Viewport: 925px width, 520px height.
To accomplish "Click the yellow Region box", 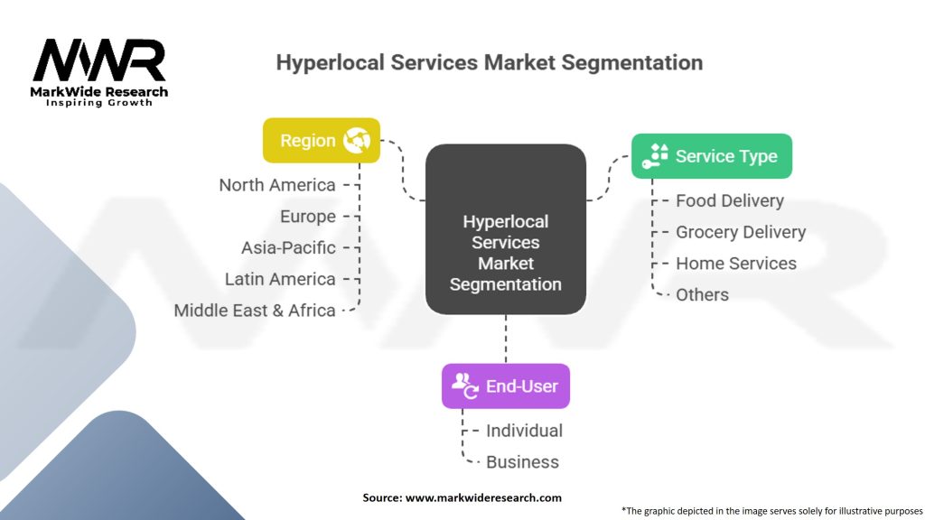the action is click(x=322, y=140).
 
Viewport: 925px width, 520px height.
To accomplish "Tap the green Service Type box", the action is click(x=712, y=156).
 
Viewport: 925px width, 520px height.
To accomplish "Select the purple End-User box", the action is click(x=506, y=386).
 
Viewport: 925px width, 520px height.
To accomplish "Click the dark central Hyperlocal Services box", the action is click(x=506, y=229).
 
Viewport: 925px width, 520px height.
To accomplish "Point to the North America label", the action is click(x=277, y=185).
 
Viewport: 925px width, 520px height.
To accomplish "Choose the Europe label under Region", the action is click(x=308, y=217).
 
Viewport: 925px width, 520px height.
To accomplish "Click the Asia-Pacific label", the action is click(x=288, y=247).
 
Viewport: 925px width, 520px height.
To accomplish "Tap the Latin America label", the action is click(x=280, y=279).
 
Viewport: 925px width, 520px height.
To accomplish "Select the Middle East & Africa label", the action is click(x=255, y=311).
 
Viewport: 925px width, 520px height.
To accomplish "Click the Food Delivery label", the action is click(x=730, y=201).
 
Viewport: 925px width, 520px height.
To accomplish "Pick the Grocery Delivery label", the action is click(x=741, y=232).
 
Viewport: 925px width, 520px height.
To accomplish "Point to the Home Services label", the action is click(x=736, y=264).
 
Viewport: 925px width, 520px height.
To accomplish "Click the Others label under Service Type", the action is click(x=702, y=295).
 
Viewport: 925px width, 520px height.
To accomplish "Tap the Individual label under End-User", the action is click(x=525, y=431).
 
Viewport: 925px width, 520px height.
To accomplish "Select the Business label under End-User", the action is click(x=522, y=462).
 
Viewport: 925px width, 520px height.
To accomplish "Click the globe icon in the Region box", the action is click(x=357, y=140).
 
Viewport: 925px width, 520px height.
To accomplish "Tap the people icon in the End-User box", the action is click(x=465, y=385).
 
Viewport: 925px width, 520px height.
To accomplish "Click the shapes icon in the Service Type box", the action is click(x=655, y=156).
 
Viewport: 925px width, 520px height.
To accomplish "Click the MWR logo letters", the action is click(x=99, y=60).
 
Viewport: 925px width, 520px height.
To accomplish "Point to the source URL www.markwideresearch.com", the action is click(x=483, y=497).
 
